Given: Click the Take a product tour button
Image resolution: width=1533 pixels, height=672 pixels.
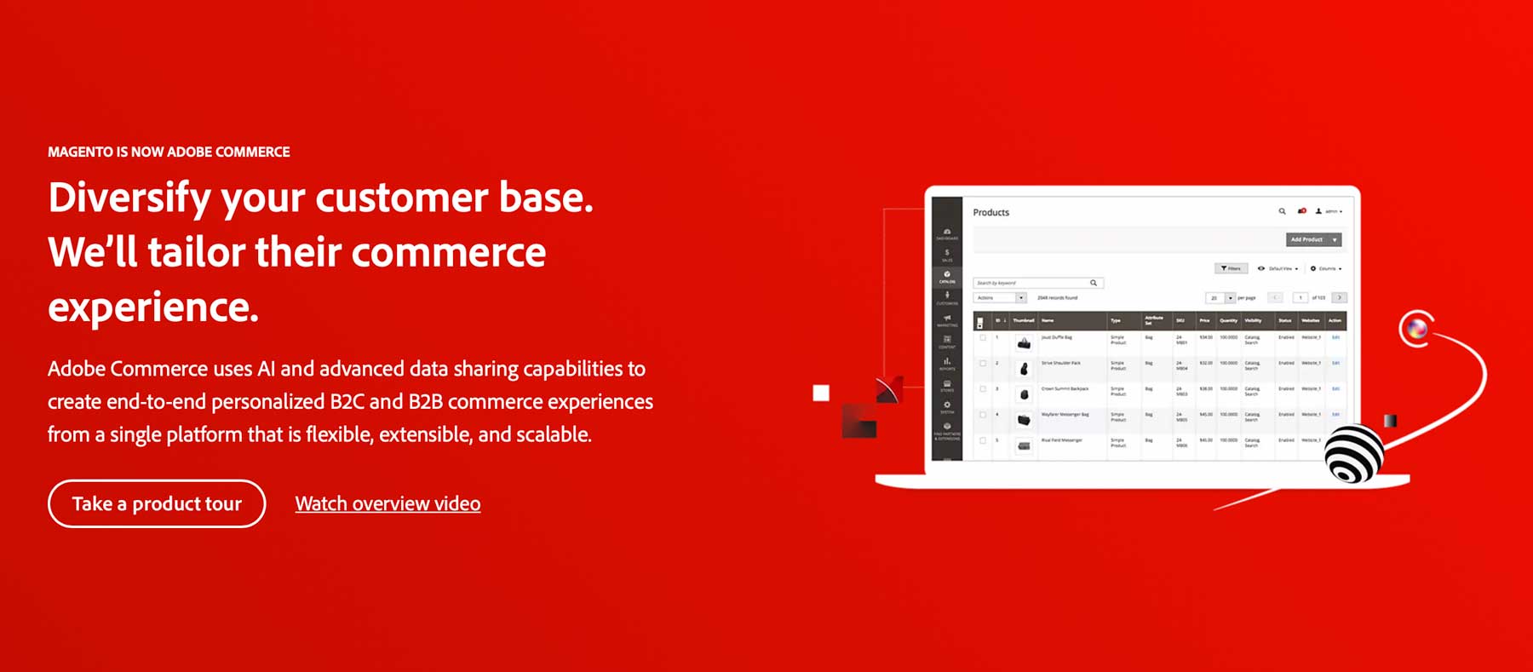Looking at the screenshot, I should pyautogui.click(x=157, y=503).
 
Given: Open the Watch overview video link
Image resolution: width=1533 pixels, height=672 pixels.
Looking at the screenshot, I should pyautogui.click(x=388, y=504).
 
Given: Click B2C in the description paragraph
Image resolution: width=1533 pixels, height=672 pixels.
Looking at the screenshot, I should pyautogui.click(x=347, y=401).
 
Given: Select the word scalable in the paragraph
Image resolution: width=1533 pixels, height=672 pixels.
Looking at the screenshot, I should pyautogui.click(x=553, y=434).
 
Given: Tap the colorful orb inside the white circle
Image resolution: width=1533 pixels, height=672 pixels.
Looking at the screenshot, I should pyautogui.click(x=1416, y=328).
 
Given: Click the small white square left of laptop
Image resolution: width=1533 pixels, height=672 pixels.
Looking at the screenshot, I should pyautogui.click(x=821, y=393).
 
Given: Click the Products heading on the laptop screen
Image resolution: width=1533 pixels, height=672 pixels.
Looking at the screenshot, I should pyautogui.click(x=990, y=212).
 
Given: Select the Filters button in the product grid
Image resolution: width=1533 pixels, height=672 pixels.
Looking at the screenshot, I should pyautogui.click(x=1231, y=268).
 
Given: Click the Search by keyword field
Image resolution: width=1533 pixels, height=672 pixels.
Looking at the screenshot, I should pyautogui.click(x=1031, y=283).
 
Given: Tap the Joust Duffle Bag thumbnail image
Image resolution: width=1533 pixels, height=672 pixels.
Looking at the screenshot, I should pyautogui.click(x=1024, y=342).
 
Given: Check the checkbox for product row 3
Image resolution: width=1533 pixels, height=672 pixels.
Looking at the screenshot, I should pyautogui.click(x=983, y=389).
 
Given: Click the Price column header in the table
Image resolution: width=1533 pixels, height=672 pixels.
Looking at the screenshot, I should pyautogui.click(x=1204, y=321).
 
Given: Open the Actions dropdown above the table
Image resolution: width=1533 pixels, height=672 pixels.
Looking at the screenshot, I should pyautogui.click(x=1000, y=298).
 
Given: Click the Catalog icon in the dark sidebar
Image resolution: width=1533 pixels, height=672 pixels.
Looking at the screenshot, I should pyautogui.click(x=947, y=276).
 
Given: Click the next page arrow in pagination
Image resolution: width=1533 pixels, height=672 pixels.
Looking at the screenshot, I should pyautogui.click(x=1339, y=298).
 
